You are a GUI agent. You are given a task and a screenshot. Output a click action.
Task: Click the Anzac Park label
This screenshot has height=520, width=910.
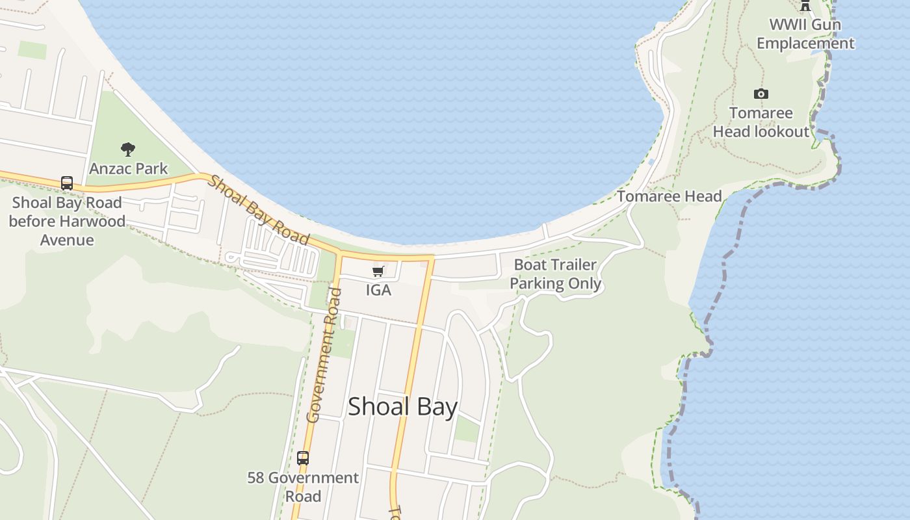pyautogui.click(x=128, y=168)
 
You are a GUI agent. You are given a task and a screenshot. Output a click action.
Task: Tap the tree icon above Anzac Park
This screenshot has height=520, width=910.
pyautogui.click(x=128, y=149)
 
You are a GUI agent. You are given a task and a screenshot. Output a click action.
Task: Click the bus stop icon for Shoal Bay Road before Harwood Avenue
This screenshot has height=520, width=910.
pyautogui.click(x=66, y=183)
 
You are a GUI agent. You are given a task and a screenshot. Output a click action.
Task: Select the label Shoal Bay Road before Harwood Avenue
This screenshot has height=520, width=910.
pyautogui.click(x=67, y=221)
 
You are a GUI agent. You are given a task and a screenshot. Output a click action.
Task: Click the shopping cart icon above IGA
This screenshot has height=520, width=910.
pyautogui.click(x=378, y=271)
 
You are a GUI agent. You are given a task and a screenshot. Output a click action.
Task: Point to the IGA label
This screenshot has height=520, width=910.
pyautogui.click(x=378, y=290)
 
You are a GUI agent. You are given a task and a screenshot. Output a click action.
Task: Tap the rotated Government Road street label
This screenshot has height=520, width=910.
pyautogui.click(x=323, y=355)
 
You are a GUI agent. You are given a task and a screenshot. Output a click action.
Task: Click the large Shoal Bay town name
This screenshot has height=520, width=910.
pyautogui.click(x=403, y=406)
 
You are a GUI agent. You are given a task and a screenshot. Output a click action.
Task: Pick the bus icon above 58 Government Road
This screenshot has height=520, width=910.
pyautogui.click(x=302, y=458)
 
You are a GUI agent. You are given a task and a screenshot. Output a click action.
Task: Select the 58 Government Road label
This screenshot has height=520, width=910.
pyautogui.click(x=303, y=487)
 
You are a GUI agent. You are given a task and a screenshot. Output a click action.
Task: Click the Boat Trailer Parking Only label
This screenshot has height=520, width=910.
pyautogui.click(x=555, y=274)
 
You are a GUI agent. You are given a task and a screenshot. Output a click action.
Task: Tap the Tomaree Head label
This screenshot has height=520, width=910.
pyautogui.click(x=669, y=196)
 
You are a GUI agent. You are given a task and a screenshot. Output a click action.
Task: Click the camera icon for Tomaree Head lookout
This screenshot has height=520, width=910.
pyautogui.click(x=760, y=94)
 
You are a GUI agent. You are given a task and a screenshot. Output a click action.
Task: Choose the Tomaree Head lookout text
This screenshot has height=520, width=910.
pyautogui.click(x=761, y=122)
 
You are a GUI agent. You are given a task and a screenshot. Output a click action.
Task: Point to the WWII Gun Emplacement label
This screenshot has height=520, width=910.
pyautogui.click(x=805, y=34)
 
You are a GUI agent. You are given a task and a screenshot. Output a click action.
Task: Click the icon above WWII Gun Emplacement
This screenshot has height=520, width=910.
pyautogui.click(x=805, y=6)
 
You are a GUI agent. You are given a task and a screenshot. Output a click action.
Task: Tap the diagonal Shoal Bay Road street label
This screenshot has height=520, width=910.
pyautogui.click(x=258, y=210)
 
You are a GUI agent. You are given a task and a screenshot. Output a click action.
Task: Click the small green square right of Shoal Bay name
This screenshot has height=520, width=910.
pyautogui.click(x=466, y=428)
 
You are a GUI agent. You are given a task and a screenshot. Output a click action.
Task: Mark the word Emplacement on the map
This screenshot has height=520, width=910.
pyautogui.click(x=805, y=44)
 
